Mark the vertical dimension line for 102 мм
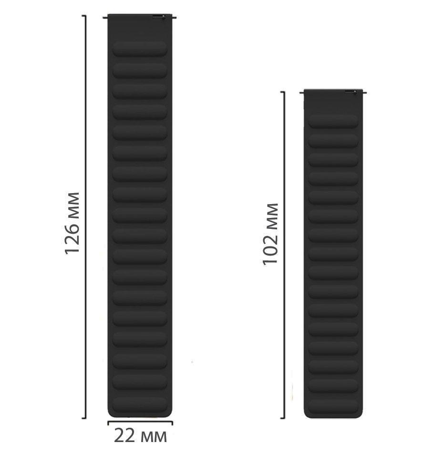[x=284, y=255]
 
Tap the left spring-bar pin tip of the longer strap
[x=104, y=18]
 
